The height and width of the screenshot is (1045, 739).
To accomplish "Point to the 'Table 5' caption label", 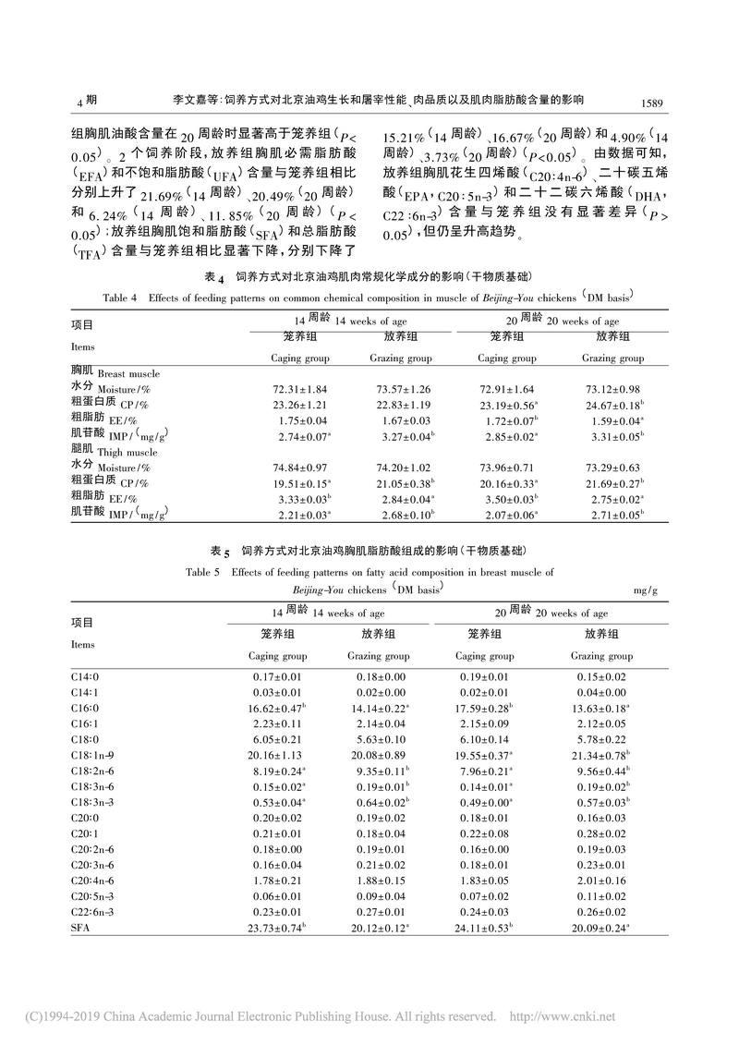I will (202, 572).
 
